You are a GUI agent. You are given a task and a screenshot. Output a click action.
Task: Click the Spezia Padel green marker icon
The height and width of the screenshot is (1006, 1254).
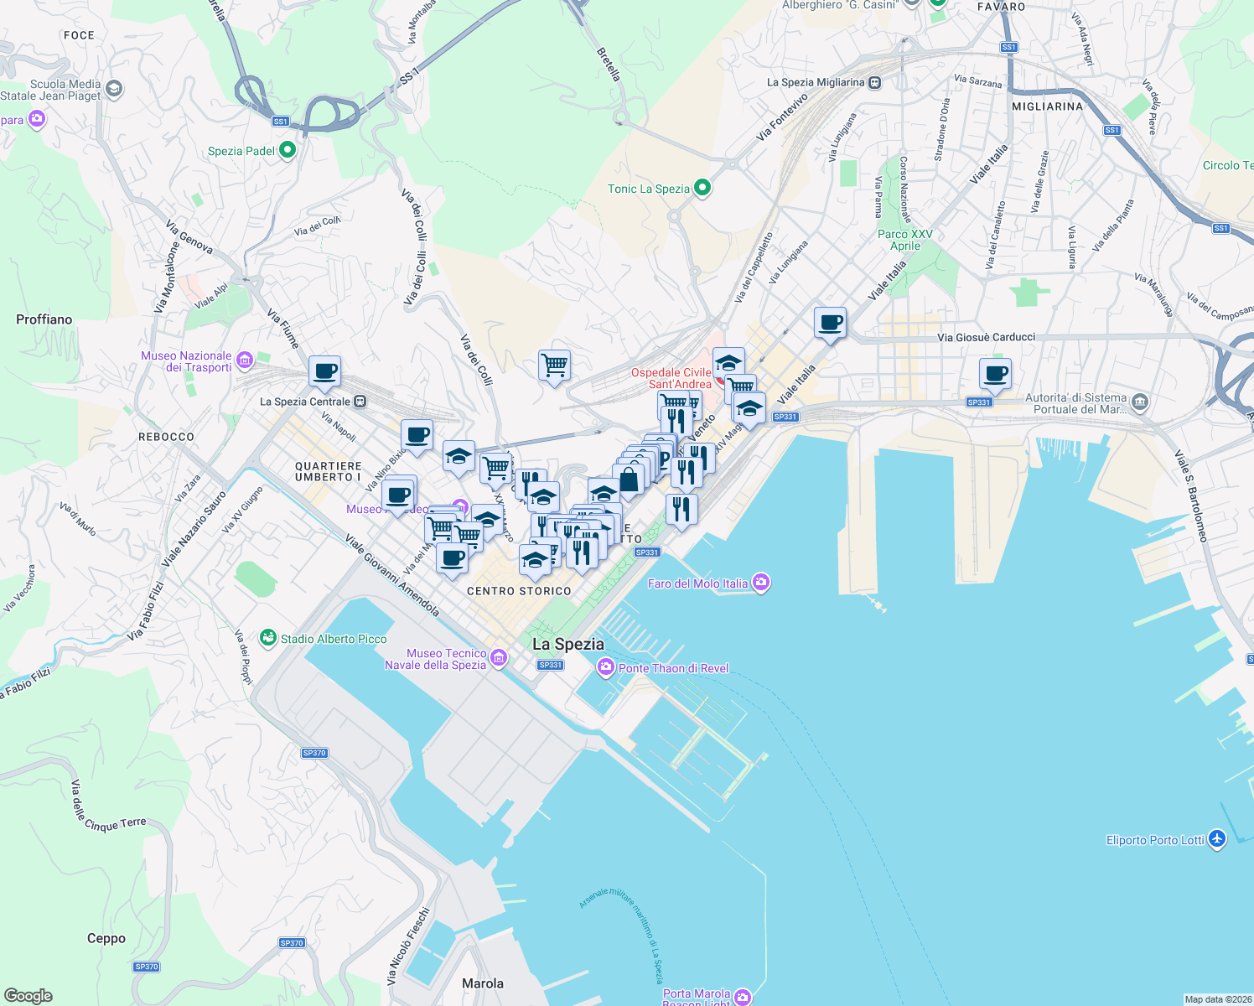288,150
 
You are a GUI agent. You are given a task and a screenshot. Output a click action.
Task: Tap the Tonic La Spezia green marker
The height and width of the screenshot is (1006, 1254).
702,188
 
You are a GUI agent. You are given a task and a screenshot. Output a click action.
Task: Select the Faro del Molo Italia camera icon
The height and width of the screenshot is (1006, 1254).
760,583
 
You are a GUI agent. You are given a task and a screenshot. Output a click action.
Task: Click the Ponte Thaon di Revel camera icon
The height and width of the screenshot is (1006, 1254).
605,667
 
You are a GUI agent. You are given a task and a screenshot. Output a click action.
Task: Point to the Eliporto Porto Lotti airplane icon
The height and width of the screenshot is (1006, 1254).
1217,838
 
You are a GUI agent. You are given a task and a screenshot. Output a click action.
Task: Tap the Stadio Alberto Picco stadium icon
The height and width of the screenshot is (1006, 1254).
267,638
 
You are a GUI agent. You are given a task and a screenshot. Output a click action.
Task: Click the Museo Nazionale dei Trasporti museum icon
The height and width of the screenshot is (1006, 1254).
244,360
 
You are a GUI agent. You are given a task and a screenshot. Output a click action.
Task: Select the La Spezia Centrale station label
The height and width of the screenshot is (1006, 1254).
305,402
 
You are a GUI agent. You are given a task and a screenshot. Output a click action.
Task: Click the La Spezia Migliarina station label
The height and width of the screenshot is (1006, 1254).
816,82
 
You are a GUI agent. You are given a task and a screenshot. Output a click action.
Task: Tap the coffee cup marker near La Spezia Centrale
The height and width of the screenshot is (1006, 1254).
324,371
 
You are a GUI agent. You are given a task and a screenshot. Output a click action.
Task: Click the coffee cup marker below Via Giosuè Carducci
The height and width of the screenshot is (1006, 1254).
995,374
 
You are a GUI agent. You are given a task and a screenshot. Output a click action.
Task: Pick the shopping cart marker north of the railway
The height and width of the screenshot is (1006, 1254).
554,366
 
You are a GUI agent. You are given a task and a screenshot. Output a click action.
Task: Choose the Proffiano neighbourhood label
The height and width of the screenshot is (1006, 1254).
44,319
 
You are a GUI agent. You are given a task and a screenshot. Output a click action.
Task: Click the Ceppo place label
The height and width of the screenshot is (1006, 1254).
106,938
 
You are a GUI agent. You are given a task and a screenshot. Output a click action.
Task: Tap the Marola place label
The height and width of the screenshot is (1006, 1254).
483,983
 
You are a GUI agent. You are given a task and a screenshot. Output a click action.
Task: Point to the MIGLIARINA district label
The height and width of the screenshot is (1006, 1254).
1047,106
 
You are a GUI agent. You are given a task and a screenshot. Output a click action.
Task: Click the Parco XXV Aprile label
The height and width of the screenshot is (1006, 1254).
905,240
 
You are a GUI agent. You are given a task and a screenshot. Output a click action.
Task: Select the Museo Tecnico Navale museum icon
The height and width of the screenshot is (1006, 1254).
499,658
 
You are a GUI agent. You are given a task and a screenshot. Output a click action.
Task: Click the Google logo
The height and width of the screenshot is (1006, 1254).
28,995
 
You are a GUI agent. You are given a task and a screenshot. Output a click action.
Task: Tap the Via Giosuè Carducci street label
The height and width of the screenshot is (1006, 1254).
986,337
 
